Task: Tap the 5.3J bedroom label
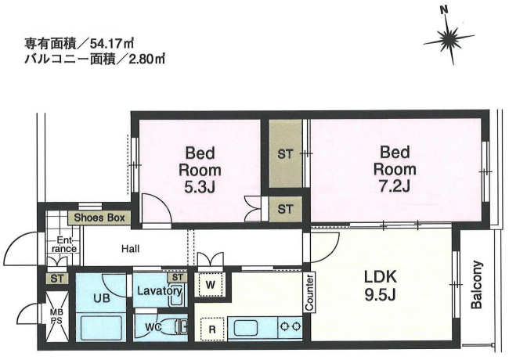coord(200,170)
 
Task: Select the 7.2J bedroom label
coord(395,169)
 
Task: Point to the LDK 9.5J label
coord(380,286)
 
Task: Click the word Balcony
coord(477,284)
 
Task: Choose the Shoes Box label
coord(99,218)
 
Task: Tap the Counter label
coord(309,292)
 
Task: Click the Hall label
coord(131,249)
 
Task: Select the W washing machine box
coord(211,285)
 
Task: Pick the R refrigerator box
coord(212,329)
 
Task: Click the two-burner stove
coord(291,326)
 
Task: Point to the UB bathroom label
coord(102,297)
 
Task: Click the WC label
coord(153,327)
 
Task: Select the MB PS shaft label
coord(57,316)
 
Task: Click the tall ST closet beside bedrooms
coord(285,153)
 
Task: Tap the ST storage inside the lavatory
coord(178,277)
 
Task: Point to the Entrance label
coord(64,244)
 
